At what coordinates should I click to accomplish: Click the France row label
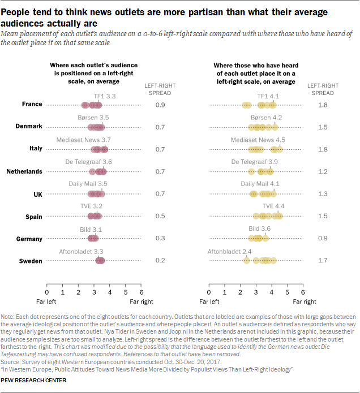click(x=32, y=105)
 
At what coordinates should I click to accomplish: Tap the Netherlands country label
click(x=24, y=171)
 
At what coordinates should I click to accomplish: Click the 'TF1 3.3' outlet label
click(x=105, y=97)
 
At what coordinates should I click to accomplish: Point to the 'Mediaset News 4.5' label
click(x=257, y=140)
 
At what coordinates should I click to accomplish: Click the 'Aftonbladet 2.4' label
click(x=229, y=251)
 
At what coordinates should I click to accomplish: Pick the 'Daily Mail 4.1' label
click(x=260, y=184)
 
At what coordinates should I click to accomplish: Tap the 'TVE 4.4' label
click(x=273, y=206)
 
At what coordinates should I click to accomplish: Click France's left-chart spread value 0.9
click(x=160, y=105)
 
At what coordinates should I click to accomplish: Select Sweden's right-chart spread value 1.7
click(x=323, y=261)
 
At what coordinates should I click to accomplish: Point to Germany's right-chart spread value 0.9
click(x=323, y=238)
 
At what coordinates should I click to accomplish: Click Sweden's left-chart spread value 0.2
click(x=160, y=261)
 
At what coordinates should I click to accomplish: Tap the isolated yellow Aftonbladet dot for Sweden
click(x=246, y=261)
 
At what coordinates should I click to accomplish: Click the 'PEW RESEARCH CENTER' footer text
click(x=34, y=380)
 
